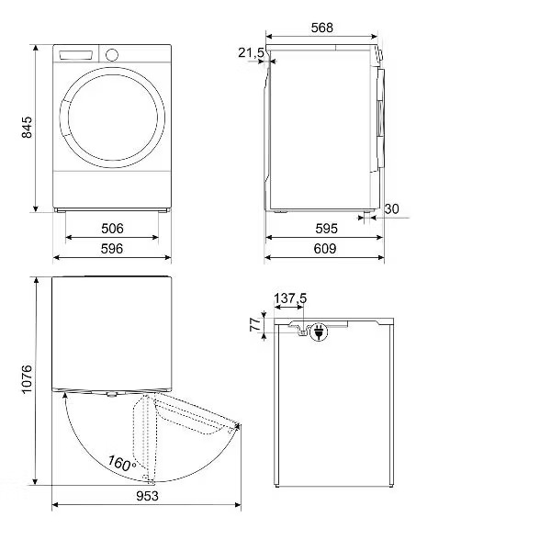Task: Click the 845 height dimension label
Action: (27, 128)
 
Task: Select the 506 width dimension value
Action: (112, 229)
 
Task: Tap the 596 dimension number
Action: (112, 249)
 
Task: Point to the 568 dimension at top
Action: (322, 28)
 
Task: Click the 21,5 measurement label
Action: (251, 52)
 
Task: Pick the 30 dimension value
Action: (391, 208)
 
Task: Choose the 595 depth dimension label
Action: (326, 229)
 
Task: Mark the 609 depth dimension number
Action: (325, 249)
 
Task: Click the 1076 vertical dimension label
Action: (27, 379)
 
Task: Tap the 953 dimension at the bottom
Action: (147, 496)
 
